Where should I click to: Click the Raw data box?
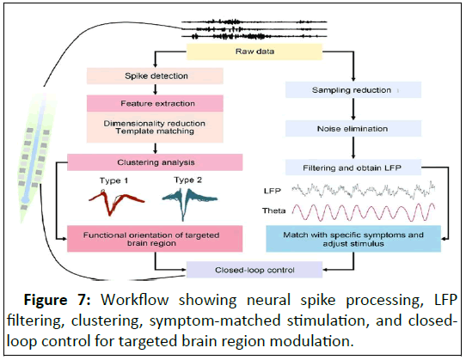click(x=254, y=52)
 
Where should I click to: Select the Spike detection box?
click(x=155, y=76)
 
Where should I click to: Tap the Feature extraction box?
click(x=155, y=103)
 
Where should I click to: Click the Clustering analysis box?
click(x=155, y=162)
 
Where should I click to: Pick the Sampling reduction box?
click(x=353, y=89)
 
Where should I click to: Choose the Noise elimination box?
click(x=353, y=129)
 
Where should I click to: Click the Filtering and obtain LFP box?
click(x=353, y=168)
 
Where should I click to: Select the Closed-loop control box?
click(x=254, y=270)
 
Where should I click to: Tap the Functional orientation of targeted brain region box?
click(x=155, y=239)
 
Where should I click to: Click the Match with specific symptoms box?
click(x=353, y=239)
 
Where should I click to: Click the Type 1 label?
click(x=113, y=180)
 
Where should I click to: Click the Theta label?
click(x=273, y=211)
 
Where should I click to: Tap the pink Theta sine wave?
click(x=364, y=212)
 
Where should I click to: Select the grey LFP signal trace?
click(x=364, y=191)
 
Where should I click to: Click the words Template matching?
click(x=155, y=131)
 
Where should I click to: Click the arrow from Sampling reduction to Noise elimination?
click(x=353, y=109)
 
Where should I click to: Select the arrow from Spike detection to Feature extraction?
click(x=155, y=89)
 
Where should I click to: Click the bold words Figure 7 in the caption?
click(x=57, y=300)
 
